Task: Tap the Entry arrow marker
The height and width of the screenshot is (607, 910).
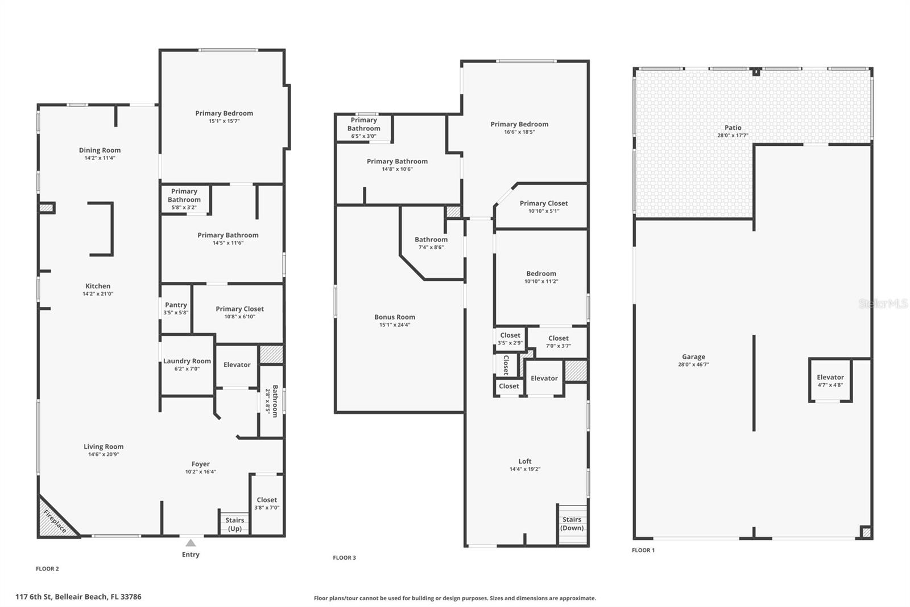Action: (191, 543)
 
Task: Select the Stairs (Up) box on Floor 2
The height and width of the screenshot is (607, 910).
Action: (234, 523)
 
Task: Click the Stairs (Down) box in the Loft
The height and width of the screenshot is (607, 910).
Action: (572, 523)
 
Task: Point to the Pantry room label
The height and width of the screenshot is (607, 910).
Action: (176, 305)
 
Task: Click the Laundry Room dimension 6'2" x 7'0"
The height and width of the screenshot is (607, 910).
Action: (187, 369)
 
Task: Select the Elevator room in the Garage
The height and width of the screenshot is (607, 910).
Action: (830, 380)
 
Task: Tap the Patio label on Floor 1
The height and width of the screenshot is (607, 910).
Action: (733, 128)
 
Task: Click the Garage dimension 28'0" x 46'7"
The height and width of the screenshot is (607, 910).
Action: (693, 364)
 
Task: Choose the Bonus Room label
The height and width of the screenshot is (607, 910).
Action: (395, 317)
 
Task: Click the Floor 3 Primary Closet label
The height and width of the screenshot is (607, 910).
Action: (543, 203)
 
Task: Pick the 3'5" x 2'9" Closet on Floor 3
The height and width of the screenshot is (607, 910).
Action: (510, 339)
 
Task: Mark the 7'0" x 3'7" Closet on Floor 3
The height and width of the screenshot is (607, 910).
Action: (558, 342)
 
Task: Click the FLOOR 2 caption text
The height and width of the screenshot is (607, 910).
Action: (47, 568)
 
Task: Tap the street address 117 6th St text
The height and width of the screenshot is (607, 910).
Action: (78, 597)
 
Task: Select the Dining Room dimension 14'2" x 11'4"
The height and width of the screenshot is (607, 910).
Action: (100, 158)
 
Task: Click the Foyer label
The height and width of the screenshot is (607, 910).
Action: (200, 464)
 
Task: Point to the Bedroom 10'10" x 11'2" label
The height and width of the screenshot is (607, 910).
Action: (541, 274)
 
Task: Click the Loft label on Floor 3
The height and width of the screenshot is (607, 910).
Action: (524, 461)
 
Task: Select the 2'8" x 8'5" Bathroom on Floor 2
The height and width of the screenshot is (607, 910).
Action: (272, 401)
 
